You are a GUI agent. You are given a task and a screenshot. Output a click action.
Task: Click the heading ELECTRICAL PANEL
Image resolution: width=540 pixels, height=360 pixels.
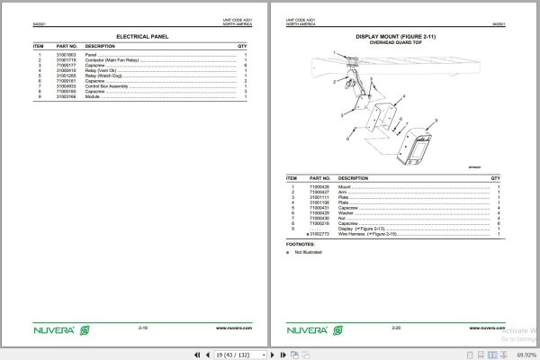(x=141, y=37)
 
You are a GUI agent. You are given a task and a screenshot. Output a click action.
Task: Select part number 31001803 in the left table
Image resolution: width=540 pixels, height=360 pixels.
(x=67, y=55)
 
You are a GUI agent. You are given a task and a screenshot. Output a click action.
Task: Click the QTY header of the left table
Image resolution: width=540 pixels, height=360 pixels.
(x=242, y=45)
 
